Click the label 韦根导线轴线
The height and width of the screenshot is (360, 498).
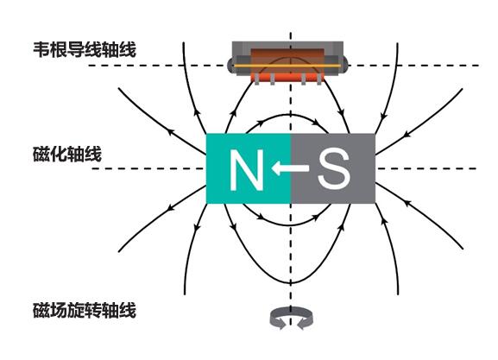coord(85,49)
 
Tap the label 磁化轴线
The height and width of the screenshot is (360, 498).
coord(67,155)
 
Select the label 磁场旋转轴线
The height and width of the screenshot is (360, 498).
coord(85,311)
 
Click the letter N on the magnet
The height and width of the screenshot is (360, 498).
coord(247,170)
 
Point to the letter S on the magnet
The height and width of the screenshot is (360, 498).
coord(334,169)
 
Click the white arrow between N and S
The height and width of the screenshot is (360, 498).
coord(290,167)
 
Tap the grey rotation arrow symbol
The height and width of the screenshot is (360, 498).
coord(291,318)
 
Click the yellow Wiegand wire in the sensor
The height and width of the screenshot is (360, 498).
coord(287,66)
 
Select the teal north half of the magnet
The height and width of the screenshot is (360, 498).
coord(249,168)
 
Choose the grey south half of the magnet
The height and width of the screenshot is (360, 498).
coord(333,168)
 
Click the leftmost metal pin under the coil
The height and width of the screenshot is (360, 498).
coord(256,79)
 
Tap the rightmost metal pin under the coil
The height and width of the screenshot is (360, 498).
coord(319,79)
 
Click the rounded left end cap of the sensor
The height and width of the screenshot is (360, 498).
coord(230,65)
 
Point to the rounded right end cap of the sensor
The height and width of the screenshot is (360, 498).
coord(345,65)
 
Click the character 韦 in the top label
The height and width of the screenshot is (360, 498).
coord(41,49)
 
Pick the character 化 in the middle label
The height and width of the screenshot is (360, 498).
coord(59,155)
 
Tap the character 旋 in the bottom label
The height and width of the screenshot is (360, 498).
coord(76,311)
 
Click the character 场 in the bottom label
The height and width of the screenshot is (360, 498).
coord(59,311)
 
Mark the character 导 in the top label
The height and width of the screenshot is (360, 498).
coord(76,49)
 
